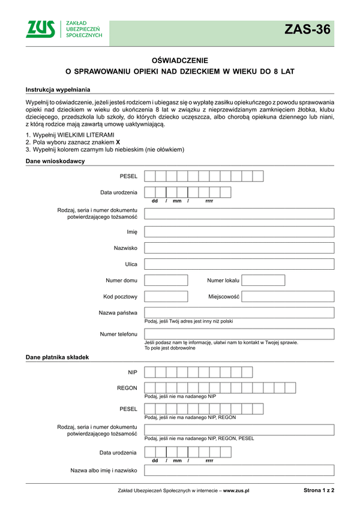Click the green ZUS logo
[40, 29]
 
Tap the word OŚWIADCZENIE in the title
[180, 60]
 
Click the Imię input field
[239, 231]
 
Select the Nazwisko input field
[239, 248]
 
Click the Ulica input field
[239, 264]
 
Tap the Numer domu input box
[166, 280]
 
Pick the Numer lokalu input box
[259, 280]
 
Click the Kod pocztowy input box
[166, 296]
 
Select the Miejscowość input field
[288, 296]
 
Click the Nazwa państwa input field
[239, 312]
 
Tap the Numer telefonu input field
[239, 333]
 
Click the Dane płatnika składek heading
[57, 357]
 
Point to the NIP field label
[133, 372]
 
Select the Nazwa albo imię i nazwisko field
[239, 471]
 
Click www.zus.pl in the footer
[236, 490]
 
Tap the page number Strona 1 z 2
[319, 490]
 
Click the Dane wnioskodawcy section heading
[55, 161]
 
